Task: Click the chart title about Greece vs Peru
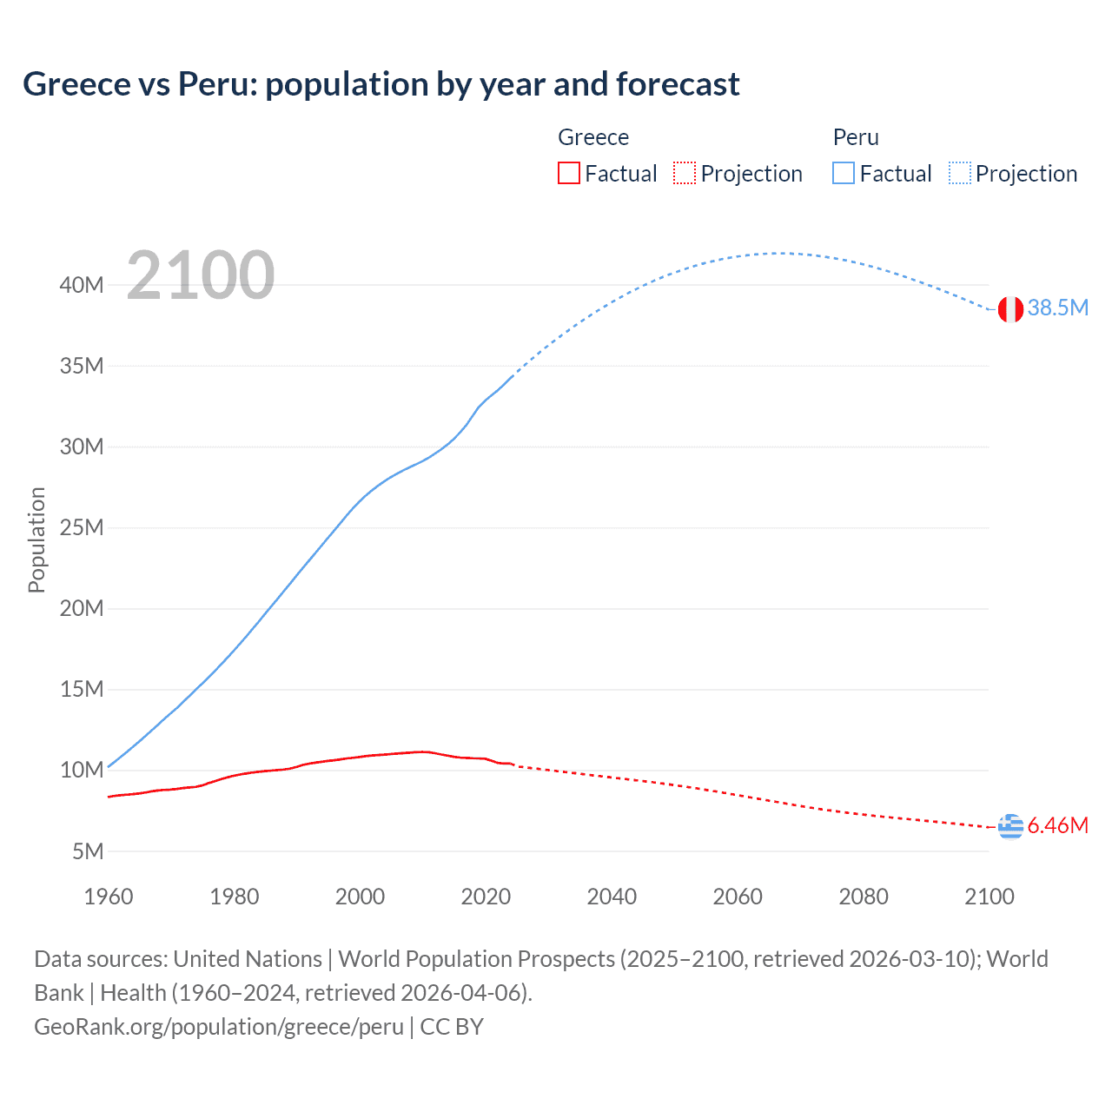pyautogui.click(x=381, y=84)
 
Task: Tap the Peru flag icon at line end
pyautogui.click(x=1010, y=308)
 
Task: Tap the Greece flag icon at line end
pyautogui.click(x=1010, y=826)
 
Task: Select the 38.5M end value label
pyautogui.click(x=1057, y=308)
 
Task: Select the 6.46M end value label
pyautogui.click(x=1057, y=826)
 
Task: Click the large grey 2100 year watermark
pyautogui.click(x=201, y=276)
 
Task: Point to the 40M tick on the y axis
pyautogui.click(x=82, y=286)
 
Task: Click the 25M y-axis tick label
pyautogui.click(x=82, y=528)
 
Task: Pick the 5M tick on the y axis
pyautogui.click(x=88, y=851)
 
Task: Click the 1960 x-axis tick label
pyautogui.click(x=109, y=897)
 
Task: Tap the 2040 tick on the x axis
pyautogui.click(x=612, y=897)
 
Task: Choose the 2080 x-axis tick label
pyautogui.click(x=864, y=897)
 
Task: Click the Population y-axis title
pyautogui.click(x=36, y=539)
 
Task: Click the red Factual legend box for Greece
pyautogui.click(x=569, y=174)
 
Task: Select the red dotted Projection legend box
pyautogui.click(x=685, y=174)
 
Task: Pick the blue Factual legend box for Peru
pyautogui.click(x=844, y=174)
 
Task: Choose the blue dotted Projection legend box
pyautogui.click(x=959, y=174)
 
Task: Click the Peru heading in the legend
pyautogui.click(x=856, y=137)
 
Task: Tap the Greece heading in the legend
pyautogui.click(x=593, y=137)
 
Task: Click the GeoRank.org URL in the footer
pyautogui.click(x=219, y=1027)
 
